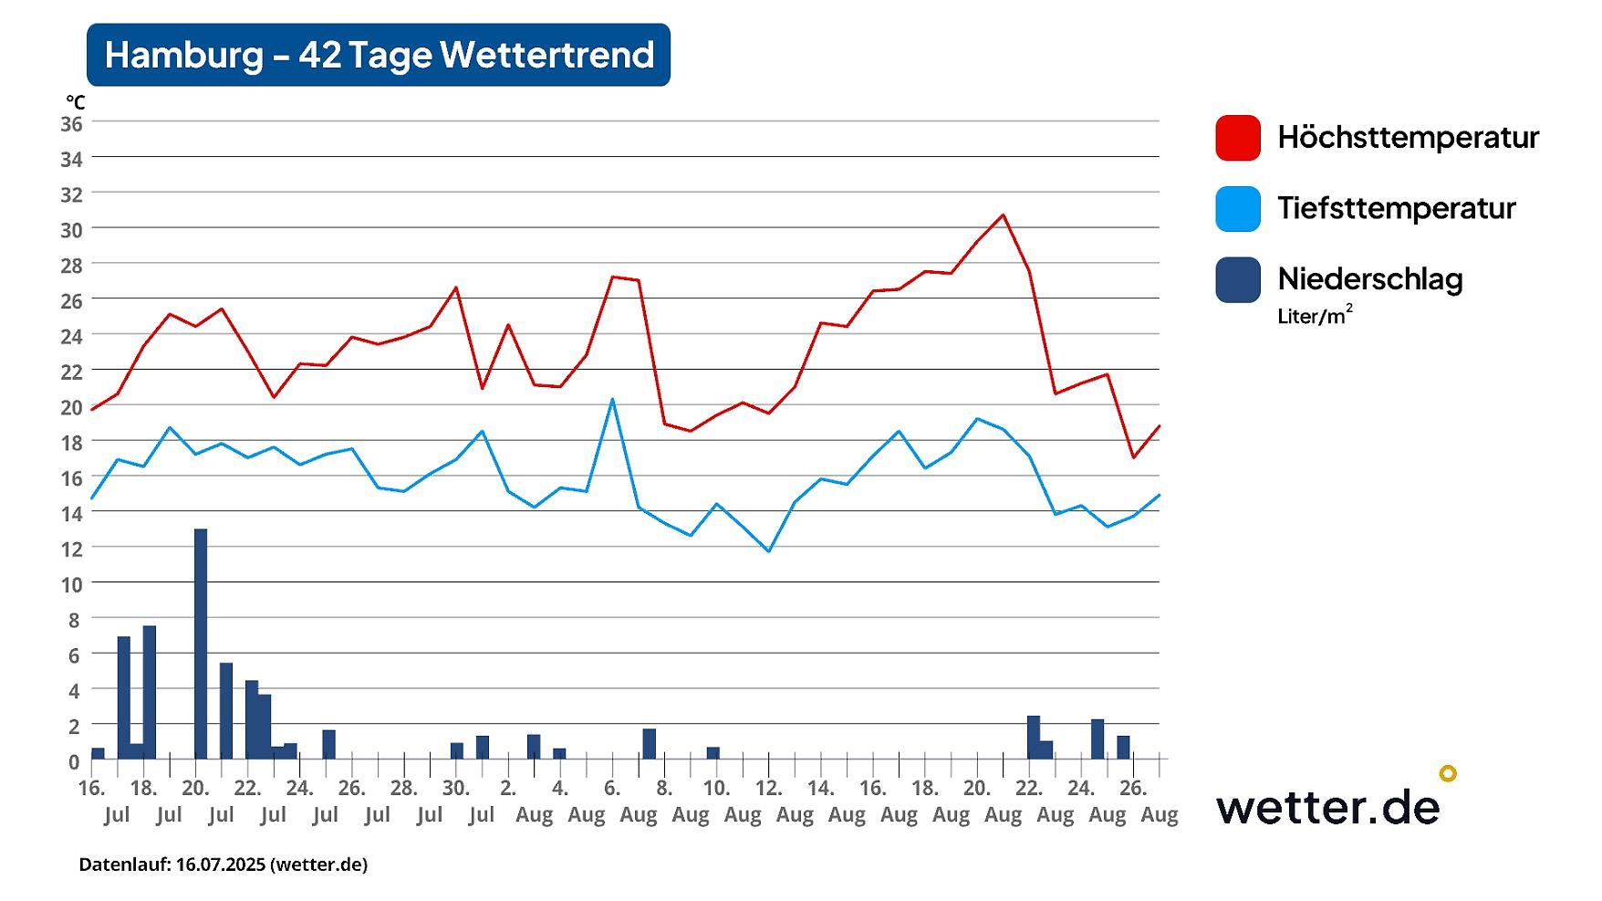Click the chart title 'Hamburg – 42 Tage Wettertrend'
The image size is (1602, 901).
[x=379, y=55]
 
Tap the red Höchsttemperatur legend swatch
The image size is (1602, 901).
[x=1238, y=138]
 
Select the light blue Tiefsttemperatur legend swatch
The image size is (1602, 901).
[x=1238, y=209]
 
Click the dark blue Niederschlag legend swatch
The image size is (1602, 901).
[x=1238, y=279]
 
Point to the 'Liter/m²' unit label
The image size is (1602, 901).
[x=1315, y=316]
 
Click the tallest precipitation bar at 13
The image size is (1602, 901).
[x=201, y=643]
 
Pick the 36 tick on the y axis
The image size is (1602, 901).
[x=71, y=124]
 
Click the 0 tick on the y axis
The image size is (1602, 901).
[x=74, y=761]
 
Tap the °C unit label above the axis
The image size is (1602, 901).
[x=75, y=103]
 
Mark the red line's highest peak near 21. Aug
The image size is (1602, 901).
[x=1004, y=215]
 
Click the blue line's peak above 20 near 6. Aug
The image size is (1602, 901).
[x=612, y=399]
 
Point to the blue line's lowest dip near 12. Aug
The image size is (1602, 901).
[x=769, y=551]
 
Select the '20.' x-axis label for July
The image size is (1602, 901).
[x=196, y=788]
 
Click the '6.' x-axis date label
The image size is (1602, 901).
[x=612, y=788]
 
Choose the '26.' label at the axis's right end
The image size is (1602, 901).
[x=1133, y=788]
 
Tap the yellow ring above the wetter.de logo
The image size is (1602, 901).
[x=1448, y=773]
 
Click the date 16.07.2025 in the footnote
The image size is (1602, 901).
[x=220, y=864]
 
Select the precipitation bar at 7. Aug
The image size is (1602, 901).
[x=650, y=744]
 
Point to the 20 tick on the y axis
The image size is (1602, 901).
[x=71, y=407]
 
